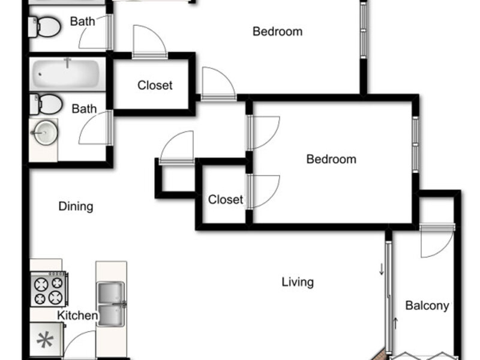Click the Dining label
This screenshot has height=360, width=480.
click(76, 206)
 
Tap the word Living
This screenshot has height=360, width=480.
click(298, 282)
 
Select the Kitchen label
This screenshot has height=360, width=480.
click(77, 316)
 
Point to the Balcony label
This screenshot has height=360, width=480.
click(427, 305)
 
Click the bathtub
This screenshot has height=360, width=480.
click(67, 74)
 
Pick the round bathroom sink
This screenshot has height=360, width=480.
click(46, 133)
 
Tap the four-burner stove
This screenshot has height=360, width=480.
click(49, 289)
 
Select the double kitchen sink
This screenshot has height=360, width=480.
click(111, 304)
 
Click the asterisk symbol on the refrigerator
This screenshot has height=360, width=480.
click(45, 340)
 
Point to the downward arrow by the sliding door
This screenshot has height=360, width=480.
click(382, 269)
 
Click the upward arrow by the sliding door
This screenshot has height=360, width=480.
click(395, 323)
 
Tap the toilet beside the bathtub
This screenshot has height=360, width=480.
click(46, 104)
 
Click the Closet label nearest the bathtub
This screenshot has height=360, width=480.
click(155, 85)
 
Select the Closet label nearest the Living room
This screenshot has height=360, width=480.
click(226, 200)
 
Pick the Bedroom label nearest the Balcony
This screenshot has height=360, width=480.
click(331, 159)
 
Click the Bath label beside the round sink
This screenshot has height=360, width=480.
click(84, 109)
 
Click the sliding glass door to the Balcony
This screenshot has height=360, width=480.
click(388, 297)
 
